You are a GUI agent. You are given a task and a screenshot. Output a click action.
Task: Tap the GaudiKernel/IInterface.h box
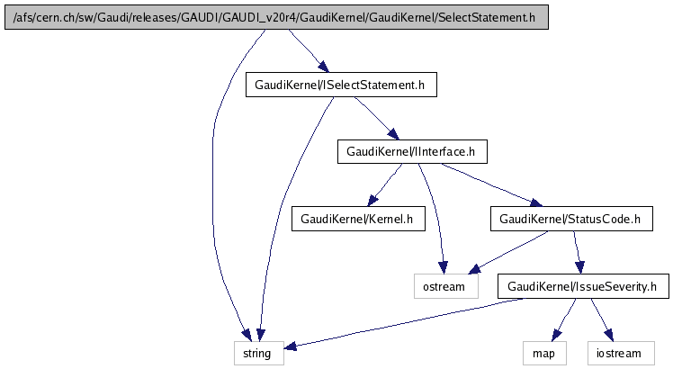(x=411, y=151)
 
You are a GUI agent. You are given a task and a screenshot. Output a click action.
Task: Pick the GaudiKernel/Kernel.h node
(x=356, y=218)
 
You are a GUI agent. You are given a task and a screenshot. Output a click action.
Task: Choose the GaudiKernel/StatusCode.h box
(x=569, y=218)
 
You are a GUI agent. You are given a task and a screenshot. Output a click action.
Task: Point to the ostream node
(x=444, y=286)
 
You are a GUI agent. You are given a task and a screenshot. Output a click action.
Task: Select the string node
(x=259, y=353)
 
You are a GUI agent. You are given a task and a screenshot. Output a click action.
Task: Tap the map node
(x=543, y=353)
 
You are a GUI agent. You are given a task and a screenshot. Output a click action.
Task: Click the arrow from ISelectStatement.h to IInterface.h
(x=375, y=118)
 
